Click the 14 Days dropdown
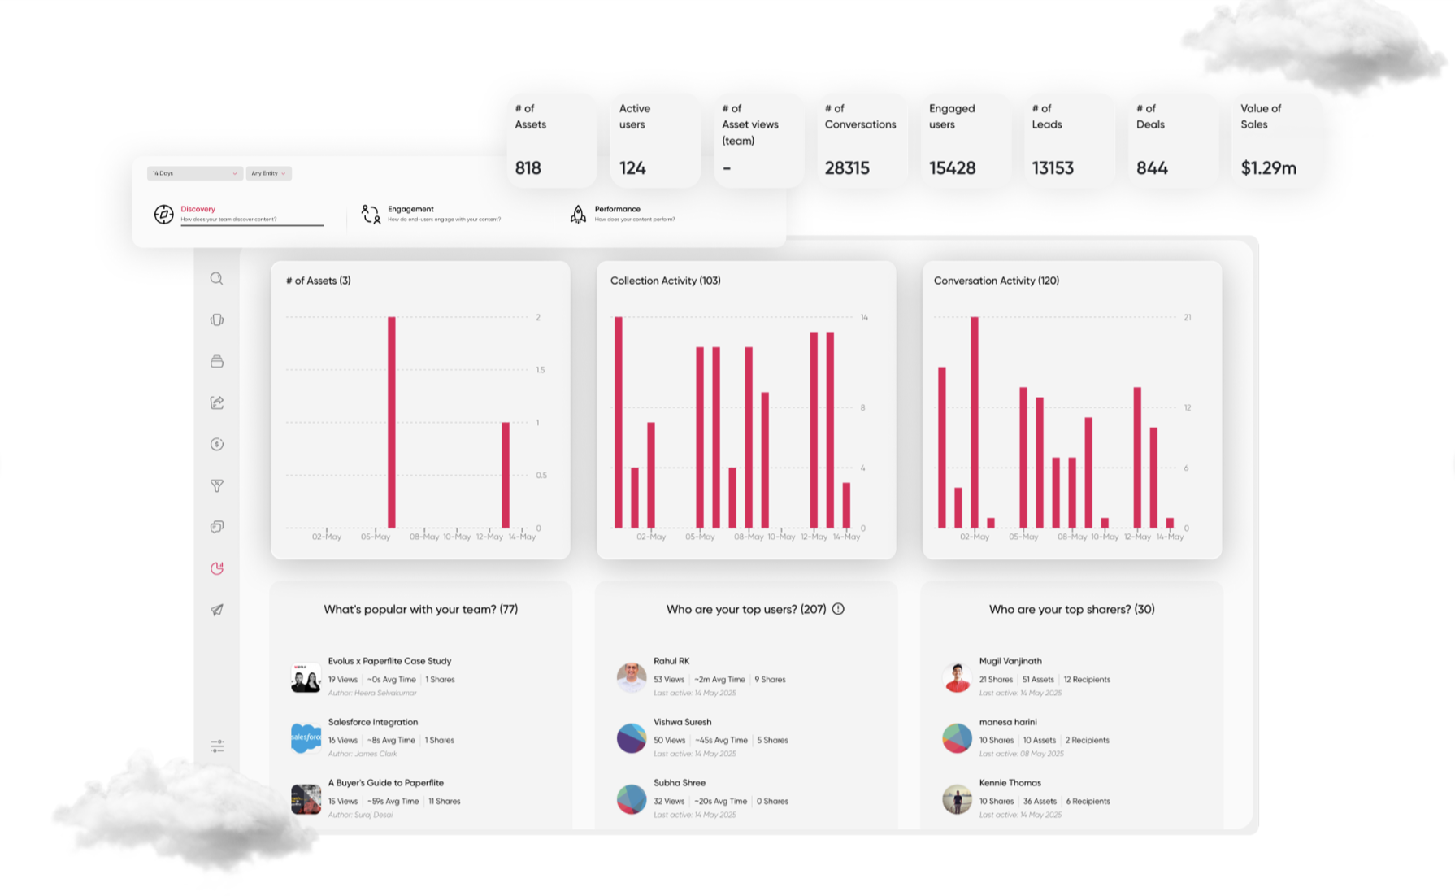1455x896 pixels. pyautogui.click(x=193, y=173)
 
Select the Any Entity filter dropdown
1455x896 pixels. pyautogui.click(x=268, y=173)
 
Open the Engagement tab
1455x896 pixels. pyautogui.click(x=410, y=209)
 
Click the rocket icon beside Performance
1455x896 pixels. pyautogui.click(x=578, y=214)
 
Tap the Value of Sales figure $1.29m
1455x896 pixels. pyautogui.click(x=1268, y=168)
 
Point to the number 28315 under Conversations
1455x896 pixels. pyautogui.click(x=846, y=168)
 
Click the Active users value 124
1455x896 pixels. pyautogui.click(x=632, y=168)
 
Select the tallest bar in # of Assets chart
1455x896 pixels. pyautogui.click(x=392, y=422)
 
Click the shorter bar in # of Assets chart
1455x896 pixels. pyautogui.click(x=506, y=475)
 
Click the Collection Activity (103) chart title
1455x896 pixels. pyautogui.click(x=665, y=281)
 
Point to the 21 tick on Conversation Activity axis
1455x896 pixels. pyautogui.click(x=1188, y=317)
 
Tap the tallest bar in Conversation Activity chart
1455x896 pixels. pyautogui.click(x=975, y=422)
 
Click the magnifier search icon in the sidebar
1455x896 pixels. pyautogui.click(x=216, y=279)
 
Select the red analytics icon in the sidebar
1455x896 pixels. pyautogui.click(x=216, y=568)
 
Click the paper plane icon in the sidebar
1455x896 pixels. pyautogui.click(x=216, y=610)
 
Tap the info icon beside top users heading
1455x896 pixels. pyautogui.click(x=838, y=609)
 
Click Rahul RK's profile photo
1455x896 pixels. pyautogui.click(x=631, y=676)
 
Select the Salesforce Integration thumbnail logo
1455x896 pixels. pyautogui.click(x=306, y=737)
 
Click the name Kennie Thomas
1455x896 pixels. pyautogui.click(x=1010, y=783)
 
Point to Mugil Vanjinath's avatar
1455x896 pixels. pyautogui.click(x=957, y=676)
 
